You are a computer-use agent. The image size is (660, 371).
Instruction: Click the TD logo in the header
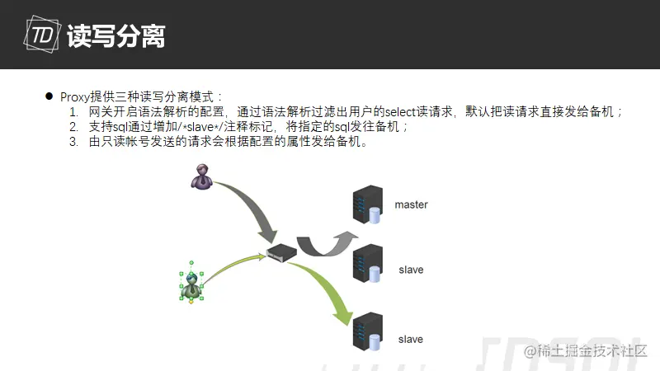point(42,35)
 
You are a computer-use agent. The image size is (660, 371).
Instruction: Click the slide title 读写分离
point(115,35)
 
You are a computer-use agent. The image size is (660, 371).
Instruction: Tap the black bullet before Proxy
point(49,96)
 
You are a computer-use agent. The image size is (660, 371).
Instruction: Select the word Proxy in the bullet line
point(75,97)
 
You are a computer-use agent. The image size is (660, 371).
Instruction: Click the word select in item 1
point(400,112)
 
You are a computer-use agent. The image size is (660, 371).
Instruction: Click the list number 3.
point(73,142)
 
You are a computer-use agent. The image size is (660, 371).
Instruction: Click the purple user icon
point(201,176)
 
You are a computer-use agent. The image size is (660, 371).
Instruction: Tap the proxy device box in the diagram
point(281,252)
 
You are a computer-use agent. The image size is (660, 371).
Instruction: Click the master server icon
point(367,204)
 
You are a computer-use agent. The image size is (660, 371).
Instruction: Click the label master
point(411,204)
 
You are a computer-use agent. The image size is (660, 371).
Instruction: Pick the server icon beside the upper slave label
point(367,264)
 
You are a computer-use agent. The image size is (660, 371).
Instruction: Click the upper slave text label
point(411,270)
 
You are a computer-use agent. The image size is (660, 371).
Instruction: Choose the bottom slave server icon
point(367,332)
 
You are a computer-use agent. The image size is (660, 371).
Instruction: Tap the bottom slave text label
point(410,340)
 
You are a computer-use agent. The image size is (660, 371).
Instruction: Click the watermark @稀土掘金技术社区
point(585,351)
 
